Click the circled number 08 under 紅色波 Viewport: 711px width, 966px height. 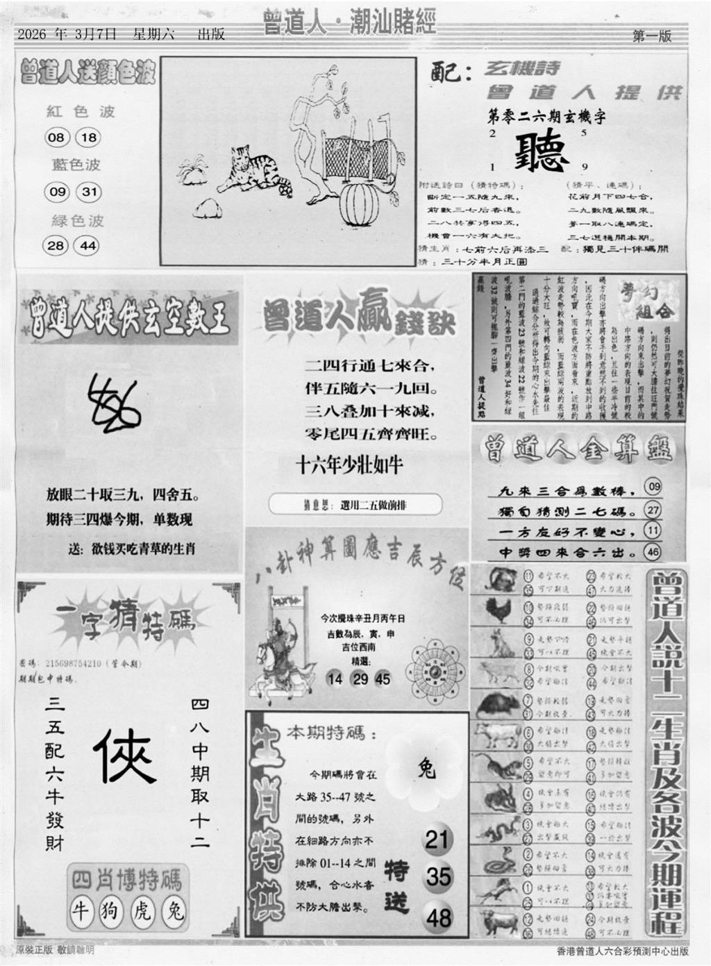56,138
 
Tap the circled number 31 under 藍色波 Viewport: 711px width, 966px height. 89,192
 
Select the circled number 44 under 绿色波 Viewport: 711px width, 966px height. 88,245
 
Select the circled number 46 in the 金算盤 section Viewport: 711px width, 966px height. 653,552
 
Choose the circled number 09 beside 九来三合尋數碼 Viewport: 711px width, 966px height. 653,487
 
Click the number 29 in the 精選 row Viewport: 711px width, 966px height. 360,678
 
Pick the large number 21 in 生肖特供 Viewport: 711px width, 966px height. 437,839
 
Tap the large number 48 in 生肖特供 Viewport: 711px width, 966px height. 439,917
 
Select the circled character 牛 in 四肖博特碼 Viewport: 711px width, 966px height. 81,910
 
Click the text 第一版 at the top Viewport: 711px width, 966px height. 652,36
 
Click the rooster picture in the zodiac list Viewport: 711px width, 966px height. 499,610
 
